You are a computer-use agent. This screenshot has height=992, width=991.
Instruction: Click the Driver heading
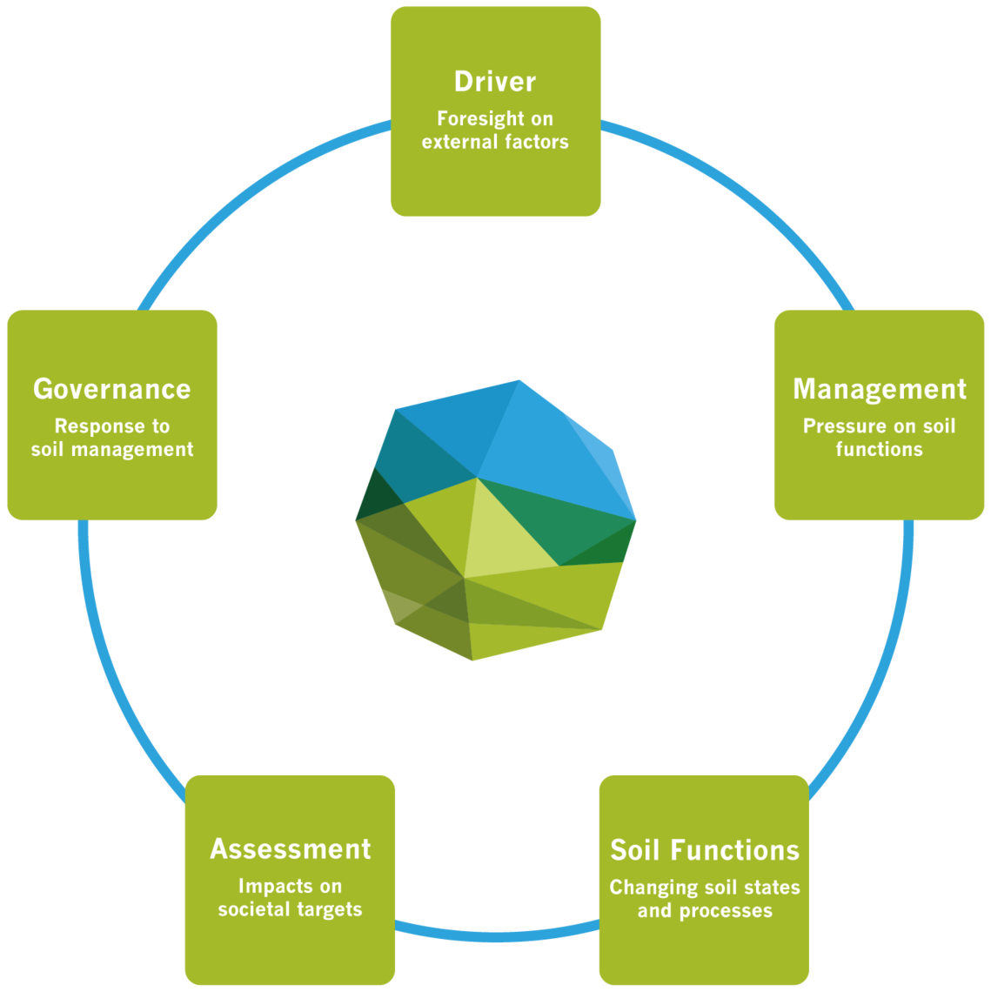[x=494, y=82]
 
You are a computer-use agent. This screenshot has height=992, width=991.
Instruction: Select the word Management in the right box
[x=879, y=389]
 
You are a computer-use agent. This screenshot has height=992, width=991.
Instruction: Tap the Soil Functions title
[x=704, y=850]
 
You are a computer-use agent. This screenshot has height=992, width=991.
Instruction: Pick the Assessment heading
[x=290, y=849]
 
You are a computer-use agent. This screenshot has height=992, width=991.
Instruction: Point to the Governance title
[x=111, y=389]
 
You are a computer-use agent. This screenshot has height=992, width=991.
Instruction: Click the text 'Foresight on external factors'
[x=494, y=130]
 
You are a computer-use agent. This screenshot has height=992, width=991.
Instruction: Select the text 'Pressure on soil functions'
[x=879, y=438]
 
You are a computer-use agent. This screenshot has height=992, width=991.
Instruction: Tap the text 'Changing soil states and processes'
[x=704, y=899]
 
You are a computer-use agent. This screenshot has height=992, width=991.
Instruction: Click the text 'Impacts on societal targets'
[x=290, y=898]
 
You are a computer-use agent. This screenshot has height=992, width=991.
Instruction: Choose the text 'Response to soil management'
[x=111, y=438]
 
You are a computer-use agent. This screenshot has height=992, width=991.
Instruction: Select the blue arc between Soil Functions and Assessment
[x=497, y=934]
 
